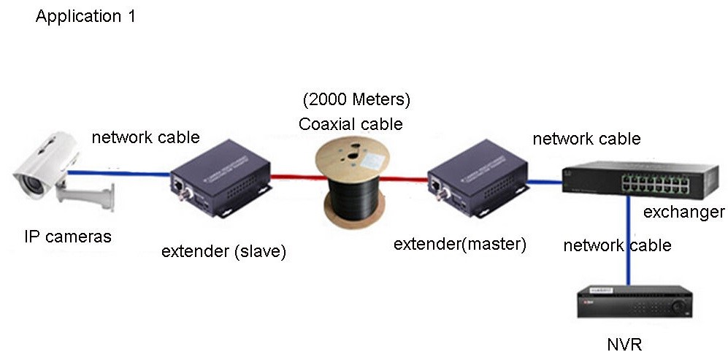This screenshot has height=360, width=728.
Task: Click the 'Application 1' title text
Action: pyautogui.click(x=85, y=16)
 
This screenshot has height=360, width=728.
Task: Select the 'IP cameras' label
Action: pyautogui.click(x=68, y=237)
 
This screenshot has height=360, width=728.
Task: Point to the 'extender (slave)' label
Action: pyautogui.click(x=223, y=252)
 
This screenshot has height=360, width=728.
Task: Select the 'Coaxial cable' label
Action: pyautogui.click(x=350, y=124)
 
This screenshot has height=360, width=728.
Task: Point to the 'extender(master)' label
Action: pyautogui.click(x=460, y=244)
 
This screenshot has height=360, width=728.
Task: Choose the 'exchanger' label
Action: pyautogui.click(x=683, y=212)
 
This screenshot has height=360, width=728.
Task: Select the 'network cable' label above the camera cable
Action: pyautogui.click(x=145, y=137)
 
